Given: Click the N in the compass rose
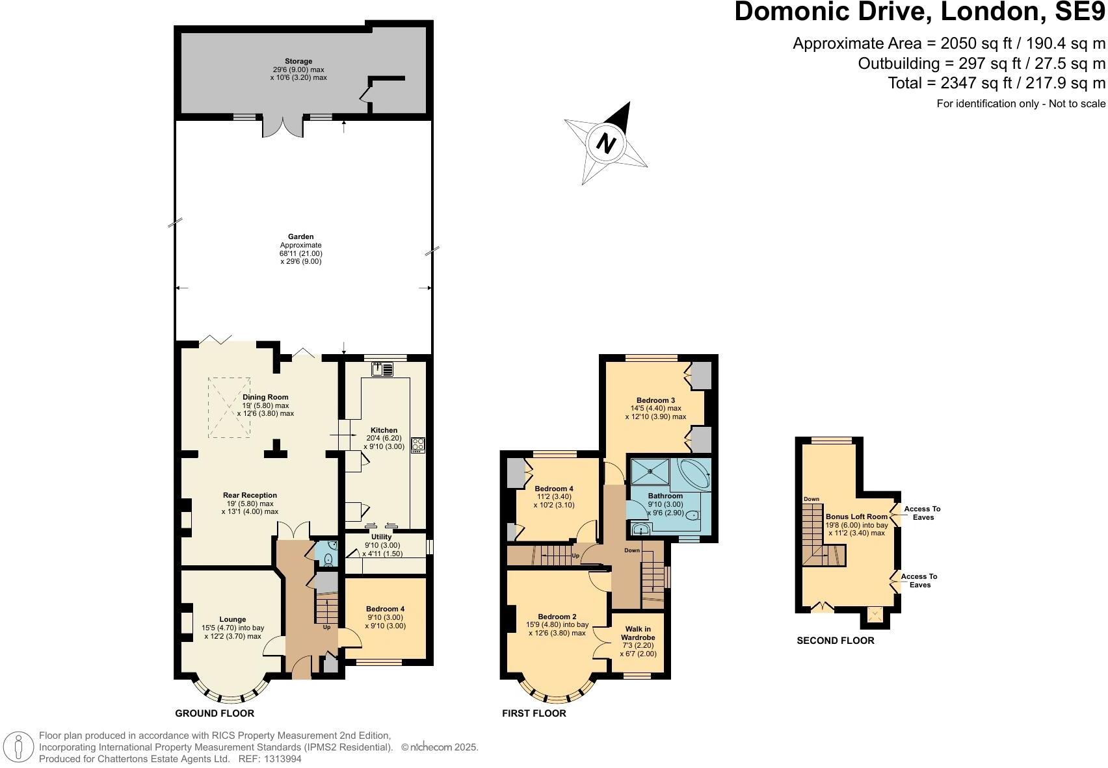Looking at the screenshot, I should click(x=606, y=142).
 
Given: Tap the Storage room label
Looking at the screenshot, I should click(x=298, y=62).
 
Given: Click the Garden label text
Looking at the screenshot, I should click(x=301, y=237).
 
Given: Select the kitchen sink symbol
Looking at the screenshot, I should click(x=382, y=370).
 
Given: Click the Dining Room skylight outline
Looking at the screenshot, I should click(x=229, y=407).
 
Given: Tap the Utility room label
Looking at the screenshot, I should click(x=382, y=537).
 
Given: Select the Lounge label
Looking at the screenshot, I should click(x=232, y=619).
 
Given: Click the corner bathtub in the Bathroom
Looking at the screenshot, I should click(x=693, y=475).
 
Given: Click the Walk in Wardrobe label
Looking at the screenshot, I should click(x=638, y=633).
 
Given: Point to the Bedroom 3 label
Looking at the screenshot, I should click(x=655, y=400).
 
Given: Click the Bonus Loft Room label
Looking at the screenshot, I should click(x=856, y=517).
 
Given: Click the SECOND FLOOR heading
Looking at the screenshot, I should click(x=835, y=641).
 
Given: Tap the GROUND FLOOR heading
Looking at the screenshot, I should click(x=215, y=713).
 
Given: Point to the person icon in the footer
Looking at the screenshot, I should click(x=19, y=747).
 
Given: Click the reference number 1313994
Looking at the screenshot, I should click(x=280, y=758).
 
